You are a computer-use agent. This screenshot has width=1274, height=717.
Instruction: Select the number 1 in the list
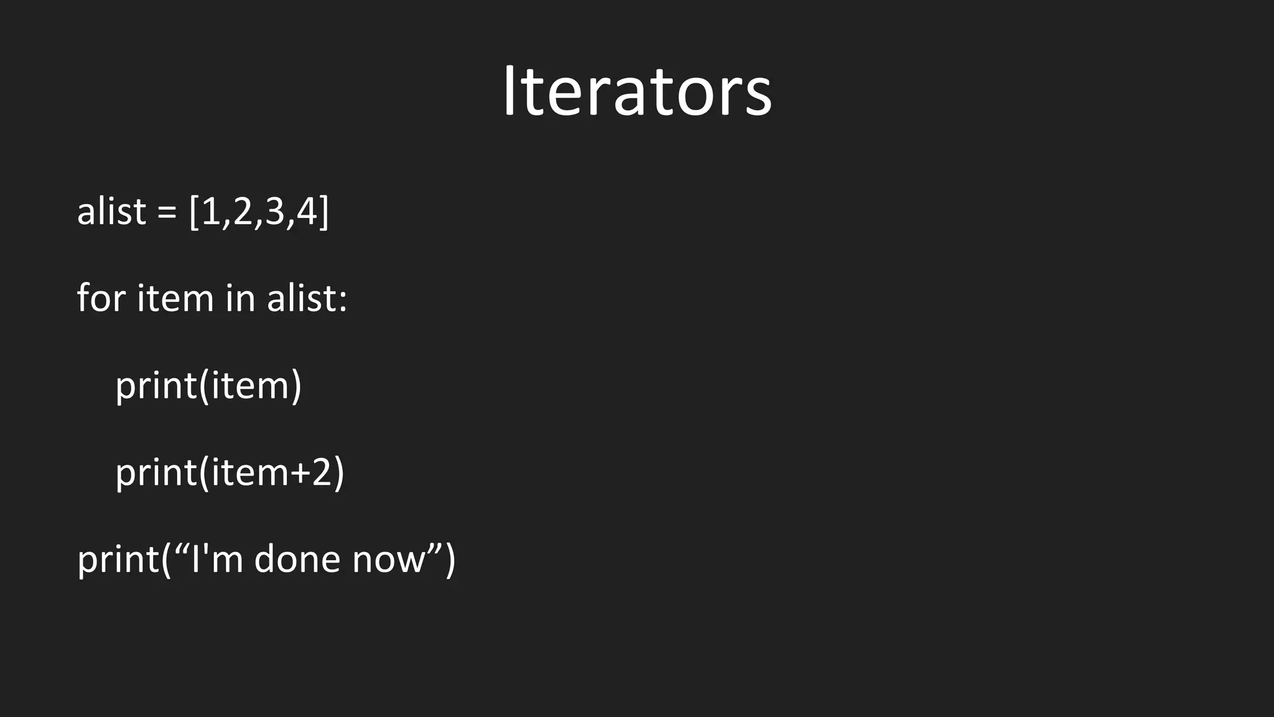211,212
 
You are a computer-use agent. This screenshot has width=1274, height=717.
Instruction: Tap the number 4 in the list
307,212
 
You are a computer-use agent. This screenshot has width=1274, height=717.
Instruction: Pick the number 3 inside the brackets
274,212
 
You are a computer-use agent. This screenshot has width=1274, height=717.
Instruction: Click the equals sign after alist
167,213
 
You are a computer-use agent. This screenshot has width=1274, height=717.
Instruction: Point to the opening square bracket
193,212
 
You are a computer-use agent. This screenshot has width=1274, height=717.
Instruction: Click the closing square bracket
323,212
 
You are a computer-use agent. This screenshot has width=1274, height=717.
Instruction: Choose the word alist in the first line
111,212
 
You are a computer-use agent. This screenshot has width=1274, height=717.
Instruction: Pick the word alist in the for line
302,298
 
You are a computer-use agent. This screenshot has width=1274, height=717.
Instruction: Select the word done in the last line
297,559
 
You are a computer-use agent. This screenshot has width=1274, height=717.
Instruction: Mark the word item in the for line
175,298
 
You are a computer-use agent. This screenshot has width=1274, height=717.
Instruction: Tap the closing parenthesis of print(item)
296,386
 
